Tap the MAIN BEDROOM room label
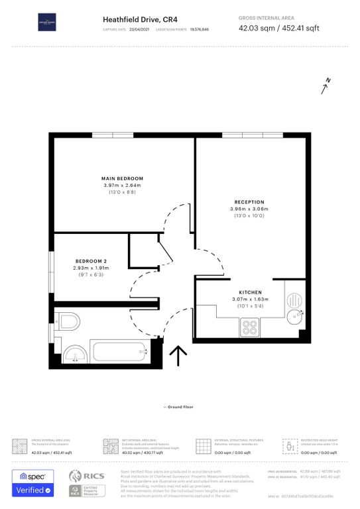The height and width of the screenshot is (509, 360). (122, 178)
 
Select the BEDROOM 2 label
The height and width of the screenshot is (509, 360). (91, 261)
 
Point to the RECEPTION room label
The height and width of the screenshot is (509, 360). (249, 202)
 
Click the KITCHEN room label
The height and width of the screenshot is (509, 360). (250, 292)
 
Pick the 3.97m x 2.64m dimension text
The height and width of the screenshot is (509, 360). (122, 185)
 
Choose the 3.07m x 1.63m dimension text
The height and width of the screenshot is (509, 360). (250, 299)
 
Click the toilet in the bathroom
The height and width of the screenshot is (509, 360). (68, 322)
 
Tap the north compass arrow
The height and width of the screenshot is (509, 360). (325, 86)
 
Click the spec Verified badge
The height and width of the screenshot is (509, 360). (33, 483)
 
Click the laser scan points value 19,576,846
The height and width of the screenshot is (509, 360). (200, 30)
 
